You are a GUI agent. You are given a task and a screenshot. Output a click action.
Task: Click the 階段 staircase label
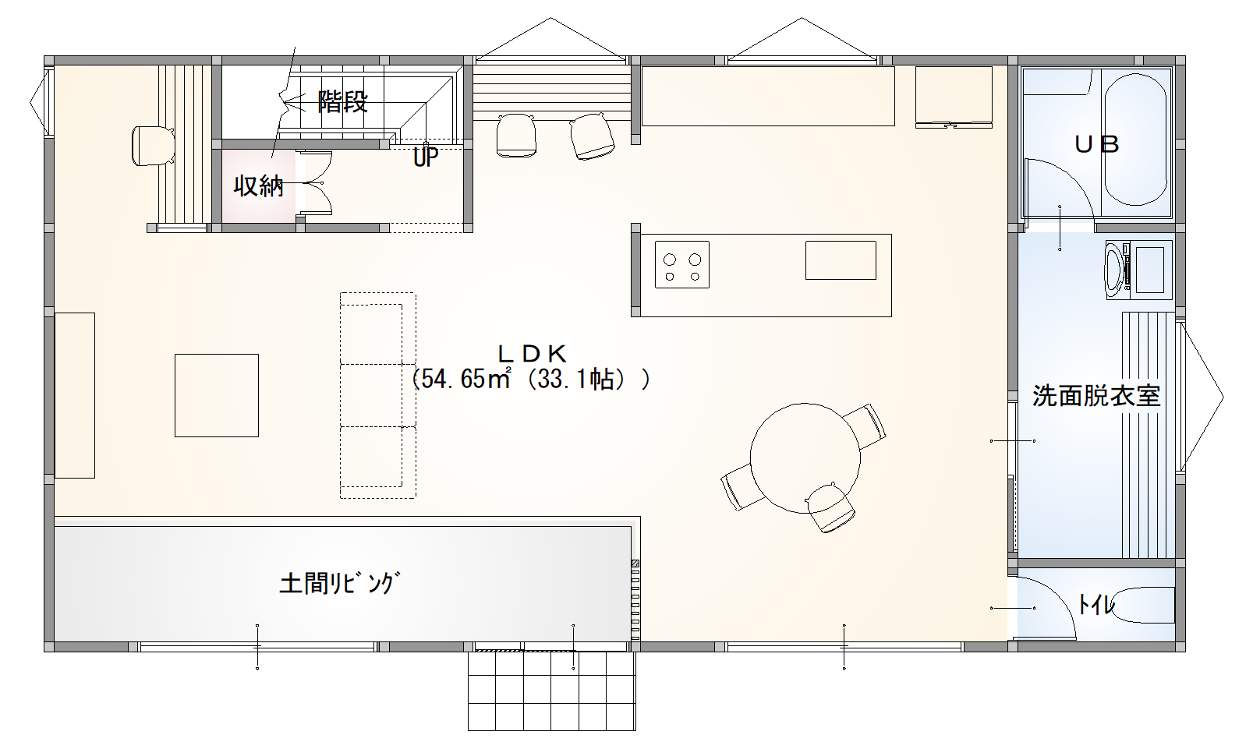[x=342, y=102]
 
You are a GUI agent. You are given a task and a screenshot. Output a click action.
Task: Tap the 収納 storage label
[x=258, y=185]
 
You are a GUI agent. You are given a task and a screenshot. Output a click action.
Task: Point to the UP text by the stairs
[x=425, y=157]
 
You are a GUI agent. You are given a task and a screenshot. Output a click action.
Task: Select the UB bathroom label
[x=1096, y=145]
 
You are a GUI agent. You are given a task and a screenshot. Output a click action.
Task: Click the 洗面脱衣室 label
[x=1095, y=396]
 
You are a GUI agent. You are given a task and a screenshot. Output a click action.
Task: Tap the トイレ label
[x=1095, y=604]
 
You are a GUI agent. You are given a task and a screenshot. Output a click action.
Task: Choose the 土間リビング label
[x=339, y=582]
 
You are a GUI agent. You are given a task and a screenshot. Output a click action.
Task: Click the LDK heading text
[x=532, y=354]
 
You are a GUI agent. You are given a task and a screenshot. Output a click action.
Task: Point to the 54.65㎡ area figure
[x=466, y=379]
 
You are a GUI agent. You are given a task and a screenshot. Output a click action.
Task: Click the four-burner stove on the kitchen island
[x=682, y=264]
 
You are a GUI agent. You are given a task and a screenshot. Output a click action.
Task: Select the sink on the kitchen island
[x=841, y=260]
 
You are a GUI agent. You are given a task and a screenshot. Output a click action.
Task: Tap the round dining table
[x=805, y=458]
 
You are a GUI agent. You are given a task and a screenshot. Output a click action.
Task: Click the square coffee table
[x=217, y=395]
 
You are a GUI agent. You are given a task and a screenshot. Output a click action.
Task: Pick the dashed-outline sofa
[x=378, y=395]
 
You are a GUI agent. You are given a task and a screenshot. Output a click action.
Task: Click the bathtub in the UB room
[x=1136, y=140]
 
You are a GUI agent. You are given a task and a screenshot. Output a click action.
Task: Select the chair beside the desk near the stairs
[x=153, y=146]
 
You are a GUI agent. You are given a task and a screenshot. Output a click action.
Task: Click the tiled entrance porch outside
[x=551, y=691]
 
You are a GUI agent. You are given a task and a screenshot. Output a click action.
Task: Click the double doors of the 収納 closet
[x=314, y=183]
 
